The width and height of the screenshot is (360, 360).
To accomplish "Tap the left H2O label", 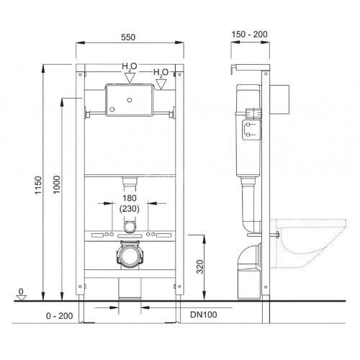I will click(x=128, y=66).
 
